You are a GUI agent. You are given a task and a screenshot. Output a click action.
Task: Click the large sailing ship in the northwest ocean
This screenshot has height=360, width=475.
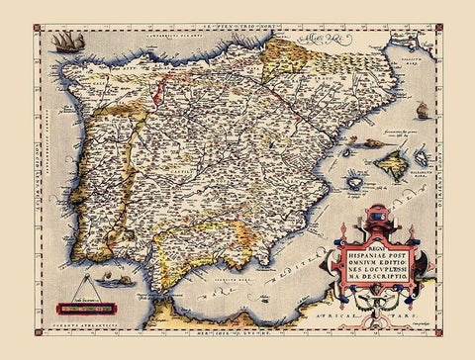click(67, 43)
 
